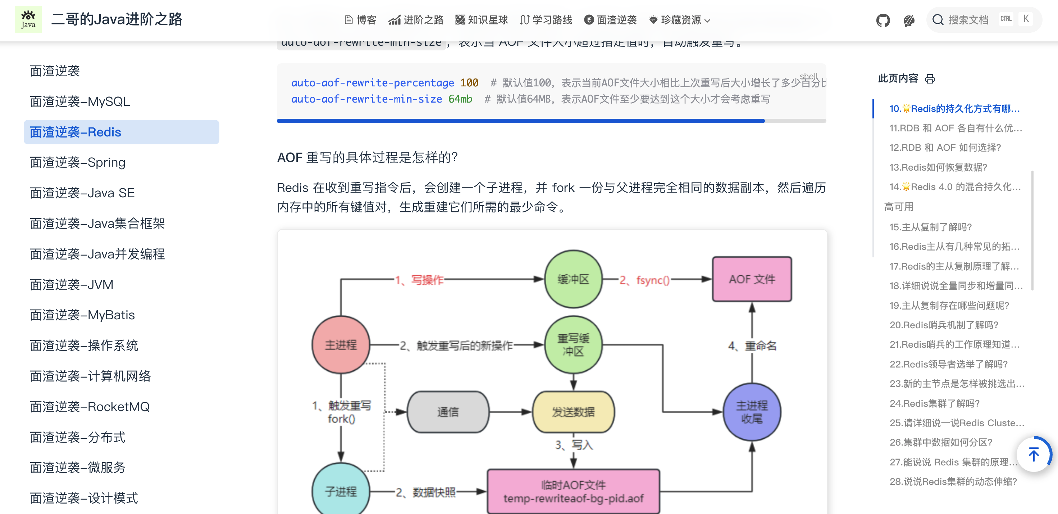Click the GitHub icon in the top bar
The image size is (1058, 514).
point(883,20)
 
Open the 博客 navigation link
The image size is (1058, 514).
point(360,20)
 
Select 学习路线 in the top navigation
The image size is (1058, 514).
point(546,20)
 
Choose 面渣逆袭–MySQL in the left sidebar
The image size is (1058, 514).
point(80,102)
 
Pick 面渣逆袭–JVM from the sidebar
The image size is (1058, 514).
point(72,285)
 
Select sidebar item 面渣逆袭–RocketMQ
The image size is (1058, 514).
point(90,407)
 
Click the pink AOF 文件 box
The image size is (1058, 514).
point(752,279)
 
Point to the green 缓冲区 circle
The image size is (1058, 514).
point(573,279)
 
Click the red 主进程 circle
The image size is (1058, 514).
point(341,344)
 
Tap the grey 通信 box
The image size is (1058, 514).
point(448,412)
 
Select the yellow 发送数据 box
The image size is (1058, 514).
point(573,412)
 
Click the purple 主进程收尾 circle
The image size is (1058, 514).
point(752,412)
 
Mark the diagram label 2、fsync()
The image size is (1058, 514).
point(644,280)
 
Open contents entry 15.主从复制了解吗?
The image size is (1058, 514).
point(930,227)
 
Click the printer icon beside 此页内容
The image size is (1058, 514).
point(930,78)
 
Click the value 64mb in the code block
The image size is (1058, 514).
point(460,99)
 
